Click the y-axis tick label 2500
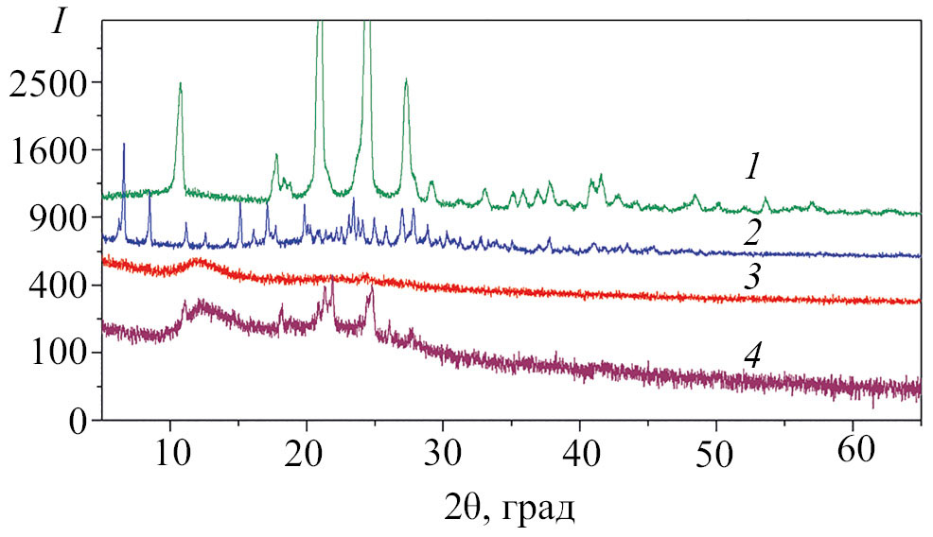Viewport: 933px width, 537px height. click(x=47, y=82)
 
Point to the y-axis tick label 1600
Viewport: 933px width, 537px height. click(x=47, y=150)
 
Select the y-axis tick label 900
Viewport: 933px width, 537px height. click(x=56, y=218)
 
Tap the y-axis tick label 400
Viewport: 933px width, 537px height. click(x=56, y=286)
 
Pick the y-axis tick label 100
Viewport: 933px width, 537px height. click(x=56, y=353)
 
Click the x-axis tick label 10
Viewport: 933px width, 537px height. click(x=170, y=447)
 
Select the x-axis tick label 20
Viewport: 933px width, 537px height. click(x=306, y=447)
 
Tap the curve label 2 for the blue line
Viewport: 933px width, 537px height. click(x=752, y=232)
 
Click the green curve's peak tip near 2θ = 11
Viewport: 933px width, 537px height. click(x=180, y=83)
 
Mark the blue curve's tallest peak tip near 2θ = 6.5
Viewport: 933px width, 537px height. click(x=124, y=144)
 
